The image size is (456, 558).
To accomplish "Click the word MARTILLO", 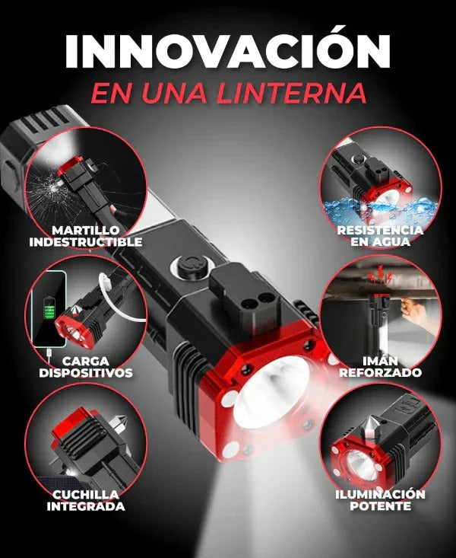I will coord(85,230).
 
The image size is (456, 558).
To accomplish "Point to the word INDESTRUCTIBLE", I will coord(85,242).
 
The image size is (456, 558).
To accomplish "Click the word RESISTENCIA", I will coord(381,230).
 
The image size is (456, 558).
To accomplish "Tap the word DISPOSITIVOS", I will coord(85,373).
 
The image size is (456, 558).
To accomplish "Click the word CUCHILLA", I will coord(85,494).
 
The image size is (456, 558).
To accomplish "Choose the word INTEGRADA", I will coord(85,506).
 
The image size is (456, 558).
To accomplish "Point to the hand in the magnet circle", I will coord(415,306).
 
